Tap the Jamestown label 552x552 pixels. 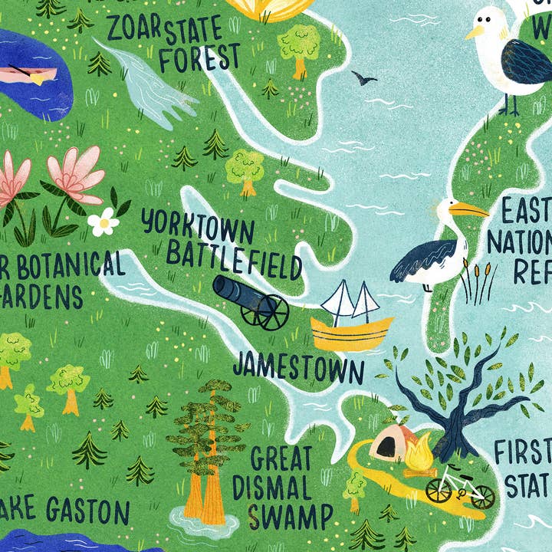click(298, 368)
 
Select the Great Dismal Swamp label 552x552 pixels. click(281, 486)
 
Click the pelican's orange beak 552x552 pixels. click(468, 209)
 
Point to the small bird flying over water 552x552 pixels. click(363, 77)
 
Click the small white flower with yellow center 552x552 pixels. click(103, 222)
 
